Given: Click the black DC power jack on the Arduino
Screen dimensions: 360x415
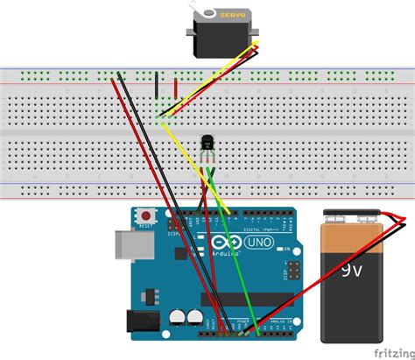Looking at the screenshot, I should pos(141,325).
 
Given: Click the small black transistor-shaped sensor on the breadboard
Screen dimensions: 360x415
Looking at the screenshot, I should pos(208,140).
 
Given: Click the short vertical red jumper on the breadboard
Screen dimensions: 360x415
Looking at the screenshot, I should pos(177,89).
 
